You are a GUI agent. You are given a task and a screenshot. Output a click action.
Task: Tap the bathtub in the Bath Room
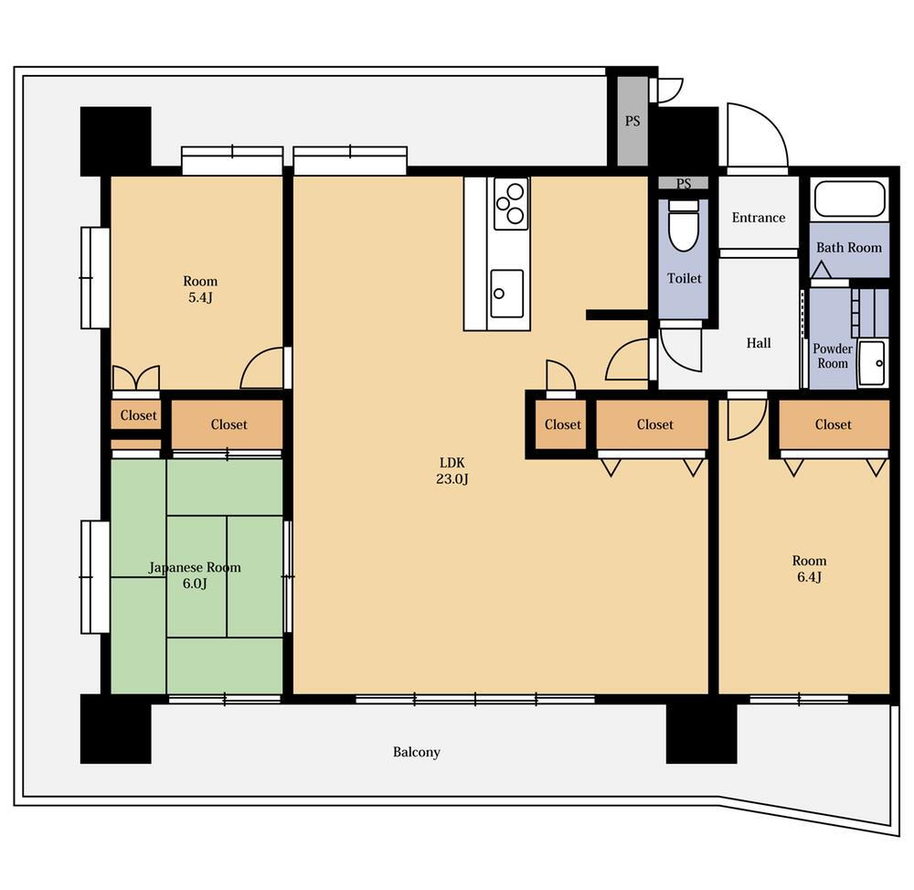point(850,198)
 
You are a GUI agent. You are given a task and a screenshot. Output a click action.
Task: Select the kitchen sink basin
point(506,294)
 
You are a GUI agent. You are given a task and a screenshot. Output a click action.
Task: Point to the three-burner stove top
point(511,204)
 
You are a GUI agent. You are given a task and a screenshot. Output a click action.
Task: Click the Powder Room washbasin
point(873,363)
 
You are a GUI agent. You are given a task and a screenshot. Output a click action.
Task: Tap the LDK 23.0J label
point(452,471)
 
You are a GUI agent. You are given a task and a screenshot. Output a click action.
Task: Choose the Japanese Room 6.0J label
point(195,575)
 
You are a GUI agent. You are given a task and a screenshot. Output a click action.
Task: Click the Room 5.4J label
point(200,289)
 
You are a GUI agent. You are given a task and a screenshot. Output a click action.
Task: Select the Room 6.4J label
point(809,569)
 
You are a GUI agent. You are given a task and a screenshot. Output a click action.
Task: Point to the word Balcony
point(416,753)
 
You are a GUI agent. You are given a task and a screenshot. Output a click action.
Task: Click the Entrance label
point(759,218)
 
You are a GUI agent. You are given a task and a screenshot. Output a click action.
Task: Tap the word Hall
point(759,343)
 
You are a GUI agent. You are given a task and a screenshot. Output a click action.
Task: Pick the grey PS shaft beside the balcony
point(632,121)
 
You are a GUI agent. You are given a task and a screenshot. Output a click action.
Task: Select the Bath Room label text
point(849,247)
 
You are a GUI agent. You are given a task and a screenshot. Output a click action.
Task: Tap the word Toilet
point(685,278)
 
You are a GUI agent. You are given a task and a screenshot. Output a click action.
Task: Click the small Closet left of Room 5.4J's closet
point(138,415)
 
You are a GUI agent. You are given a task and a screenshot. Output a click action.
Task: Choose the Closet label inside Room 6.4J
point(833,424)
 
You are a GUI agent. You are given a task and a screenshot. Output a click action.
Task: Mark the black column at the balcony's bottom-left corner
point(115,728)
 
